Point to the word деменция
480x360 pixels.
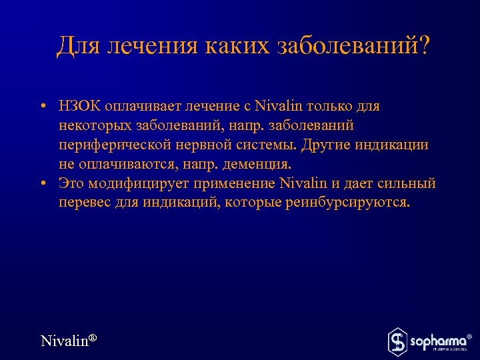pos(259,164)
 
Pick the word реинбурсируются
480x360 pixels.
pos(358,202)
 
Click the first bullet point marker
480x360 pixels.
pos(42,107)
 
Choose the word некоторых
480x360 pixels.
pos(95,126)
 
